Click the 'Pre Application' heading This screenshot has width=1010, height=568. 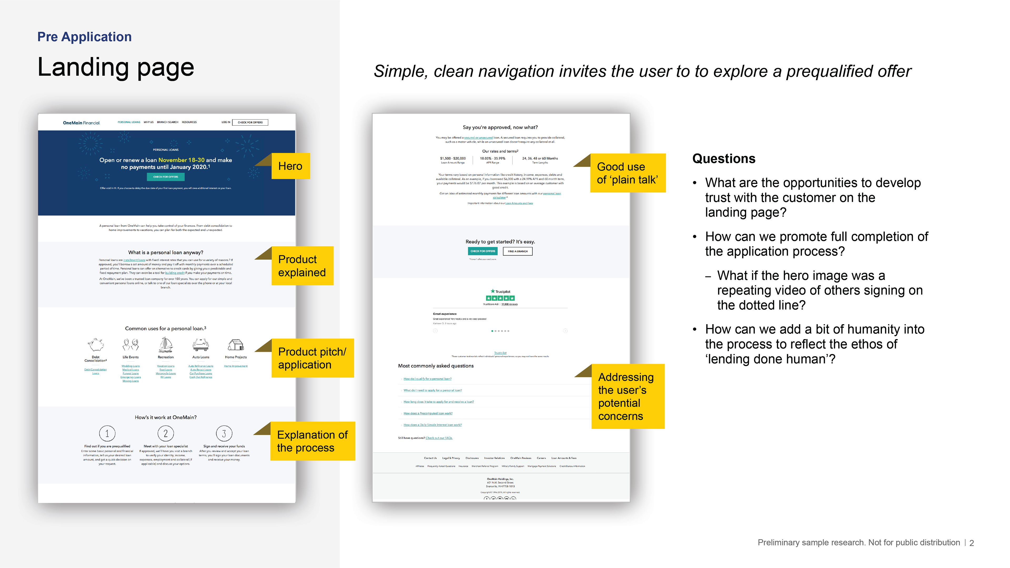pos(84,37)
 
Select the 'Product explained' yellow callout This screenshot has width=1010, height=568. pos(302,265)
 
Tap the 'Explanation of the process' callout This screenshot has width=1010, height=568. pos(312,441)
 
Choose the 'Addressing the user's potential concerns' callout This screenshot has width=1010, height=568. pos(627,396)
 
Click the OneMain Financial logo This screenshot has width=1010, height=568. pos(82,122)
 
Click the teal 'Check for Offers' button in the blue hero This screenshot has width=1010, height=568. pos(165,177)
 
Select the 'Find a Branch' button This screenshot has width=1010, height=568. pos(518,251)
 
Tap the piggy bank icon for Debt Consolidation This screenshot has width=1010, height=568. pos(96,345)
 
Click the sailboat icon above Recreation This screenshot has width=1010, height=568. pos(165,345)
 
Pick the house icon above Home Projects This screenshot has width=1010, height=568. pos(236,345)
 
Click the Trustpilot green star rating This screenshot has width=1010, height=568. pos(500,298)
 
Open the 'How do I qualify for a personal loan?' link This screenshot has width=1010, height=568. pos(427,379)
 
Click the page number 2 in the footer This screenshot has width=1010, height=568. pos(972,543)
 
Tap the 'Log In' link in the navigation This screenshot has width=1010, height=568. pos(226,122)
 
